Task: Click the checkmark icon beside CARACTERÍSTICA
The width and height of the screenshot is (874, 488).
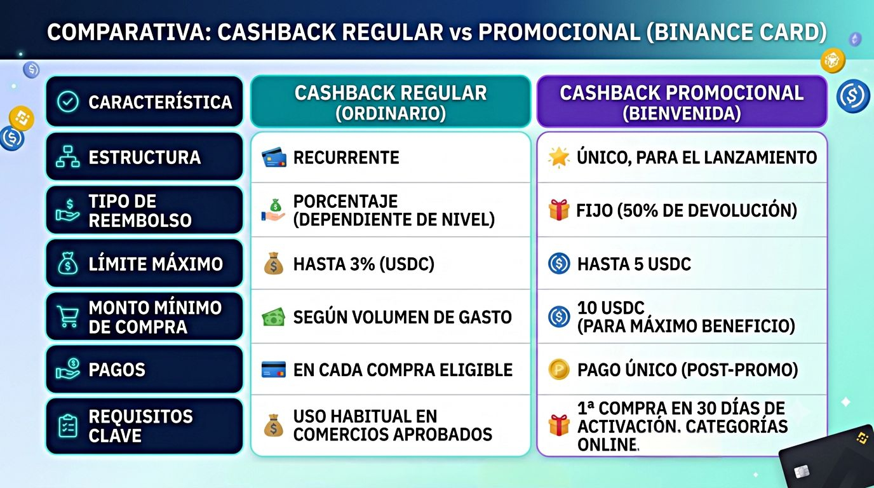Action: point(68,102)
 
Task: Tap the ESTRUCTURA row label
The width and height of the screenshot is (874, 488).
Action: point(144,157)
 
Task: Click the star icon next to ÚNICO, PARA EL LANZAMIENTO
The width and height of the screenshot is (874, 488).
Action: point(558,158)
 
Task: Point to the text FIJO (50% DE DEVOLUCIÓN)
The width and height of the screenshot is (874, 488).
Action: point(687,210)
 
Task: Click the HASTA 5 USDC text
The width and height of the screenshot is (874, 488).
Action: point(634,264)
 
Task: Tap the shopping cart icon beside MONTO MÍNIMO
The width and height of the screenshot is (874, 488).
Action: point(67,316)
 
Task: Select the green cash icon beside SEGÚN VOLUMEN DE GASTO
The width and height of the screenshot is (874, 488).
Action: point(274,317)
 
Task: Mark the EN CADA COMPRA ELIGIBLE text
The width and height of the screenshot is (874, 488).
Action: point(403,370)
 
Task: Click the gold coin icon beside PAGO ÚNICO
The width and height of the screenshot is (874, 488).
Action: point(559,369)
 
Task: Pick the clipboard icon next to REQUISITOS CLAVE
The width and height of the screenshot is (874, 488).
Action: point(68,426)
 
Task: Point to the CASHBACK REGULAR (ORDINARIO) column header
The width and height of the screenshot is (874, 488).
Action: point(391,102)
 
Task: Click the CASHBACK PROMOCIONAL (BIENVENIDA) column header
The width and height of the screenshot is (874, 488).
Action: point(682,102)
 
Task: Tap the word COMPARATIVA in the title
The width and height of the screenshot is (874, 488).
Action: point(130,32)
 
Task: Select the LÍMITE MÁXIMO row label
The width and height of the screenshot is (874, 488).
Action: point(156,264)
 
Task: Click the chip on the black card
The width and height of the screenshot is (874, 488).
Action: point(802,472)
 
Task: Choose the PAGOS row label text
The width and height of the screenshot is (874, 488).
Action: point(117,370)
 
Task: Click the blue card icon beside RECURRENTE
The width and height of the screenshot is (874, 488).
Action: point(274,157)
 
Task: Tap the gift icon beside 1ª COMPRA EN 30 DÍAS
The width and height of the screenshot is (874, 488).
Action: point(559,425)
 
